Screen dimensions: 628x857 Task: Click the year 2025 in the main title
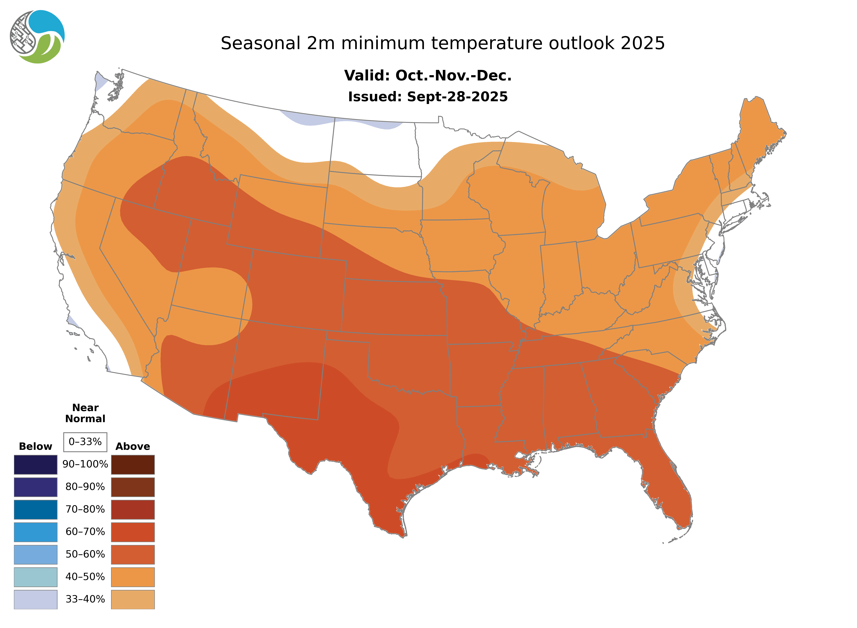tap(643, 43)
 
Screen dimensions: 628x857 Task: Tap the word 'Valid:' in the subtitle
tap(367, 76)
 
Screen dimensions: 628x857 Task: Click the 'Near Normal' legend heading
tap(85, 413)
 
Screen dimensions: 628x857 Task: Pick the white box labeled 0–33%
tap(85, 442)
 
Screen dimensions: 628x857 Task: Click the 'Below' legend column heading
tap(35, 446)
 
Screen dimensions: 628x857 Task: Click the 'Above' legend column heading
tap(133, 446)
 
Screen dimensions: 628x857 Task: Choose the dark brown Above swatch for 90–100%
tap(133, 465)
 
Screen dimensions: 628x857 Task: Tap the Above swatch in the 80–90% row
tap(133, 487)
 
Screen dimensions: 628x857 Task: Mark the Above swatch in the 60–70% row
tap(133, 532)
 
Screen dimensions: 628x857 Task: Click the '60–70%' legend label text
tap(85, 532)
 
